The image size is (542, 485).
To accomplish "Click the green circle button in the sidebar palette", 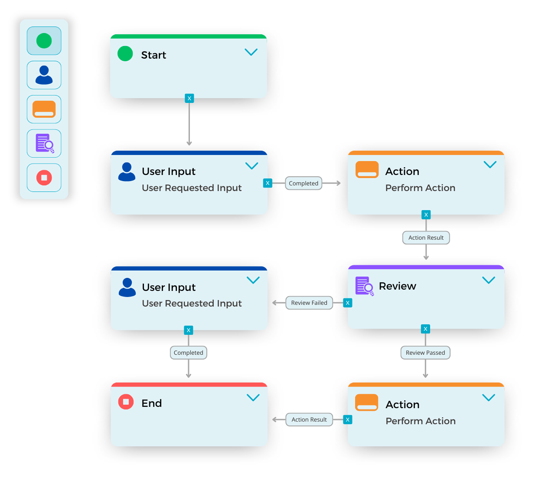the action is point(44,41).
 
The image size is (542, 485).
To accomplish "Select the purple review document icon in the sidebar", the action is point(44,143).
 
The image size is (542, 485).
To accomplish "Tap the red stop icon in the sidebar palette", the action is point(44,178).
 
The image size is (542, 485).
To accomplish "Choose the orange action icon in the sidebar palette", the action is point(44,109).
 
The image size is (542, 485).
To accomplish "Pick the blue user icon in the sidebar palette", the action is point(44,75).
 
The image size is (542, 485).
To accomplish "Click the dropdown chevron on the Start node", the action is point(251,52).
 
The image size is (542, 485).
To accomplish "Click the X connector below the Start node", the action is point(189,98).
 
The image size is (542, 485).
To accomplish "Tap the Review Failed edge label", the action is point(309,303).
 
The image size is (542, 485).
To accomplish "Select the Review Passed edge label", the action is point(425,353).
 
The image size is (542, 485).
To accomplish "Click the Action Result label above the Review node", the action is point(426,238).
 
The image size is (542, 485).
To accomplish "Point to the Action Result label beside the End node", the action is point(309,419).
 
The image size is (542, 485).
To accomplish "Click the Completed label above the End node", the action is point(189,353).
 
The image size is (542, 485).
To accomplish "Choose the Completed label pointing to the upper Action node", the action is point(304,183).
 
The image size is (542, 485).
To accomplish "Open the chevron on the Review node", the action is point(489,280).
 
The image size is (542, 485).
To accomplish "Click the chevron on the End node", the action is point(253,398).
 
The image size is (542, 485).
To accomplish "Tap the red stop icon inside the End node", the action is point(126,402).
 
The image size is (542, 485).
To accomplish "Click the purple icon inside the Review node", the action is point(364,286).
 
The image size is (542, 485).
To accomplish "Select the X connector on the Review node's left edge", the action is point(347,303).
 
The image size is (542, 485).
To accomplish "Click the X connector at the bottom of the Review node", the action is point(425,329).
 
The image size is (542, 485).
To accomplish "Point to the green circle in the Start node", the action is point(125,53).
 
